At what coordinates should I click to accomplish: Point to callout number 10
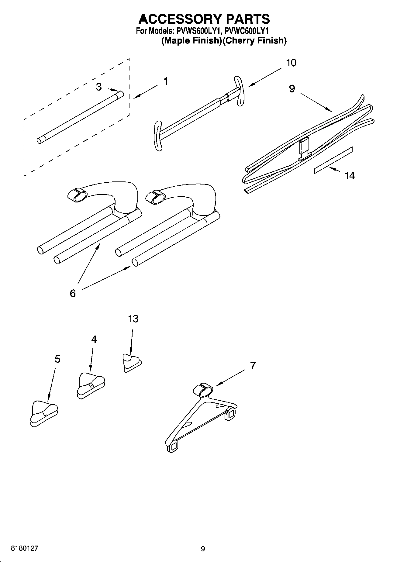pyautogui.click(x=291, y=63)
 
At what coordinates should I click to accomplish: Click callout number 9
pyautogui.click(x=292, y=88)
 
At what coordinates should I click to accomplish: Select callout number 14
pyautogui.click(x=350, y=176)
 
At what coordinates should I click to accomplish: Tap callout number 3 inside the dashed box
pyautogui.click(x=99, y=87)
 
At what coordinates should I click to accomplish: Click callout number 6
pyautogui.click(x=73, y=293)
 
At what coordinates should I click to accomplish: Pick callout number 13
pyautogui.click(x=133, y=319)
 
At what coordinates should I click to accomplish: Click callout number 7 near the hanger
pyautogui.click(x=253, y=365)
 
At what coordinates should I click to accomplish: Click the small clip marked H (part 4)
pyautogui.click(x=91, y=385)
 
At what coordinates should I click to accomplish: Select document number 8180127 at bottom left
pyautogui.click(x=24, y=548)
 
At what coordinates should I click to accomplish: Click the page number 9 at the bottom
pyautogui.click(x=203, y=549)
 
